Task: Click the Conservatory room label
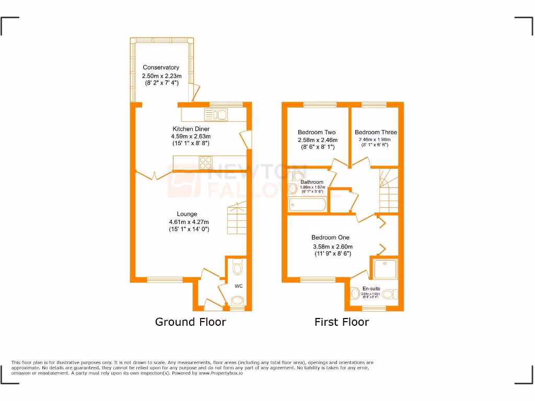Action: tap(161, 67)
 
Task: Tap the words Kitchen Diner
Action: tap(191, 129)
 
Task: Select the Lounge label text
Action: tap(187, 214)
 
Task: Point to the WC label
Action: tap(238, 286)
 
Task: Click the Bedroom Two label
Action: tap(317, 133)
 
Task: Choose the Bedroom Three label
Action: tap(375, 133)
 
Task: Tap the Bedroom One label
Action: tap(330, 238)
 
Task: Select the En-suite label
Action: tap(371, 288)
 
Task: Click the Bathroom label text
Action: tap(311, 182)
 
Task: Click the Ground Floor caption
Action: tap(190, 322)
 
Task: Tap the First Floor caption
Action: tap(341, 322)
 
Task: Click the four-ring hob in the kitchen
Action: tap(205, 163)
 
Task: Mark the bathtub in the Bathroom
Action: tap(308, 205)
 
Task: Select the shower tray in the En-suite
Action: tap(386, 268)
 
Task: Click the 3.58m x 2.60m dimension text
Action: tap(332, 246)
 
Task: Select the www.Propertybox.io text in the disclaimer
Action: tap(221, 373)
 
